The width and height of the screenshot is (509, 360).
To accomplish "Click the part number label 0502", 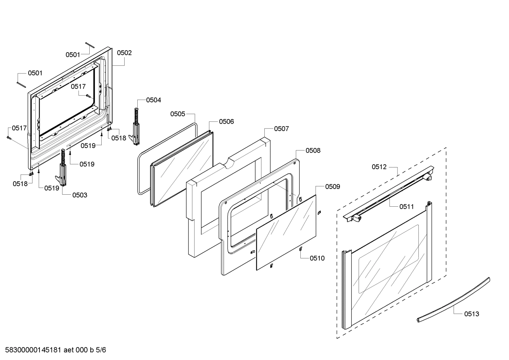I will pos(124,53).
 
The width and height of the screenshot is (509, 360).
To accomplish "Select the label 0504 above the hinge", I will pos(153,100).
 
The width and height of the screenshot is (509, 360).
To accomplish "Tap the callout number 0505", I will pos(178,114).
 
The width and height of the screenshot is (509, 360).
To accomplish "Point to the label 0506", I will pos(226,122).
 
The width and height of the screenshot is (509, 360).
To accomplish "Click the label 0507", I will pos(281,129).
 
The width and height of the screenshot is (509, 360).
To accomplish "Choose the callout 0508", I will pos(313,151).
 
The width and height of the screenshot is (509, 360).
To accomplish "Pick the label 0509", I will pos(333,187).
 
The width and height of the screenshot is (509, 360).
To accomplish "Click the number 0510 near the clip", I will pos(317,258).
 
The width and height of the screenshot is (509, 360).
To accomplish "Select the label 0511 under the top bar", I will pos(406,207).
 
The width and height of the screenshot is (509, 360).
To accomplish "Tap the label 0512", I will pos(379,167).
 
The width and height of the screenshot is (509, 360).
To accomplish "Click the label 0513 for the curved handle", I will pos(472,314).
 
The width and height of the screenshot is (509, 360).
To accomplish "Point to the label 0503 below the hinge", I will pos(80,195).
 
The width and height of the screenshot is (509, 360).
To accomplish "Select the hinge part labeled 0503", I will pos(62,170).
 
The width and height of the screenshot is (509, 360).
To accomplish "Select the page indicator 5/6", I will pos(101,350).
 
